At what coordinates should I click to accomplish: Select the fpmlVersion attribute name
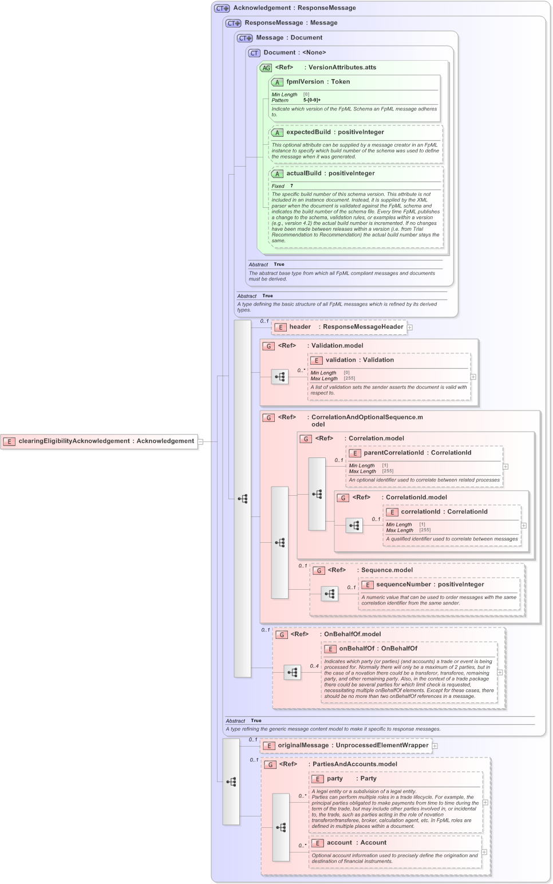tap(305, 82)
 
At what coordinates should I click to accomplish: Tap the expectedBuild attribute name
tap(309, 132)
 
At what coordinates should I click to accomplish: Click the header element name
tap(300, 327)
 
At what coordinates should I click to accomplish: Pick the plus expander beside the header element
tap(410, 327)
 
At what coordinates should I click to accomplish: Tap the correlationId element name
tap(421, 512)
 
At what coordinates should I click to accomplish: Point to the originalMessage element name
tap(303, 745)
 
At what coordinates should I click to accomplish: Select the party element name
tap(335, 779)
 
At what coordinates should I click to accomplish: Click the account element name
tap(339, 843)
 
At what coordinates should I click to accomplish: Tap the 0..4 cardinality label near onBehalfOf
tap(314, 666)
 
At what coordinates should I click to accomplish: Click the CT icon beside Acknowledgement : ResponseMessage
tap(222, 9)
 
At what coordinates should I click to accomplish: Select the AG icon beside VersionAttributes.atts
tap(266, 68)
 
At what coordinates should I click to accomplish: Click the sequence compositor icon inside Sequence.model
tap(330, 594)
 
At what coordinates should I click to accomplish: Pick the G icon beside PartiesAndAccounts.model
tap(270, 764)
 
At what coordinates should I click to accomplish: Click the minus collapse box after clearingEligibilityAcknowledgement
tap(200, 441)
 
